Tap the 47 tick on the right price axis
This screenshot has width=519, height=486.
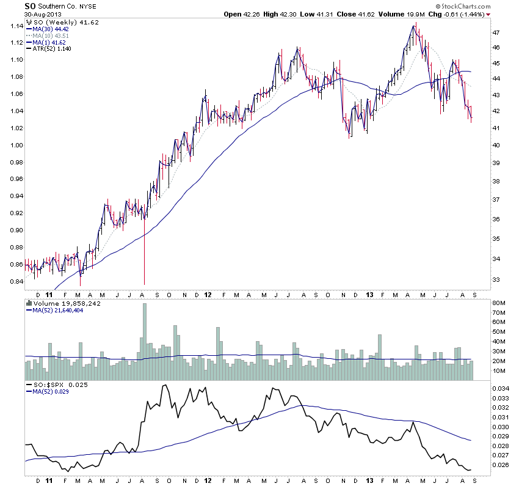pyautogui.click(x=496, y=32)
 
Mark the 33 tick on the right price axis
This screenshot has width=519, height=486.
pyautogui.click(x=496, y=279)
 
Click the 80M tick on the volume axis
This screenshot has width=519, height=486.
pyautogui.click(x=499, y=303)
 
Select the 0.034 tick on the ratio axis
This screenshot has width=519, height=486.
pyautogui.click(x=500, y=388)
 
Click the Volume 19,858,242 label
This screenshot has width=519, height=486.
pyautogui.click(x=64, y=303)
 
